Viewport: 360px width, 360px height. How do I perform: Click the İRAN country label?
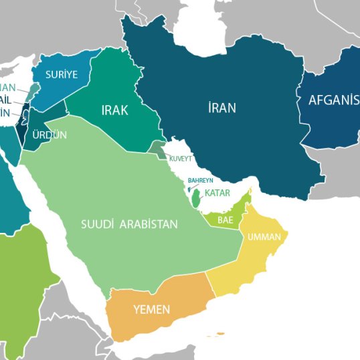pyautogui.click(x=221, y=107)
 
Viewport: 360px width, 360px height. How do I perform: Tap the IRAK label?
pyautogui.click(x=114, y=110)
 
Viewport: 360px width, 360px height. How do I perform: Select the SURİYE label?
pyautogui.click(x=62, y=74)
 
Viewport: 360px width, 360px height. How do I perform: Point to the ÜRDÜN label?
pyautogui.click(x=50, y=134)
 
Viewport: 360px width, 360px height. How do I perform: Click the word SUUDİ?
pyautogui.click(x=98, y=224)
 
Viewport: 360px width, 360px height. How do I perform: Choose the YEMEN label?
pyautogui.click(x=151, y=310)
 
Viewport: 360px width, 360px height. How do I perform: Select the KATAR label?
pyautogui.click(x=217, y=193)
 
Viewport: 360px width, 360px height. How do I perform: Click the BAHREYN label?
pyautogui.click(x=200, y=181)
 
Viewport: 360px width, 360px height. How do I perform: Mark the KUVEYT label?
pyautogui.click(x=181, y=159)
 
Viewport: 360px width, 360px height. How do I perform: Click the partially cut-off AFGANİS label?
pyautogui.click(x=333, y=100)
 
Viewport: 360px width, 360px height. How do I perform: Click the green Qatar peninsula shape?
pyautogui.click(x=195, y=199)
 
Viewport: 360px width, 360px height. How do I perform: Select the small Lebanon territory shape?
pyautogui.click(x=33, y=90)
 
